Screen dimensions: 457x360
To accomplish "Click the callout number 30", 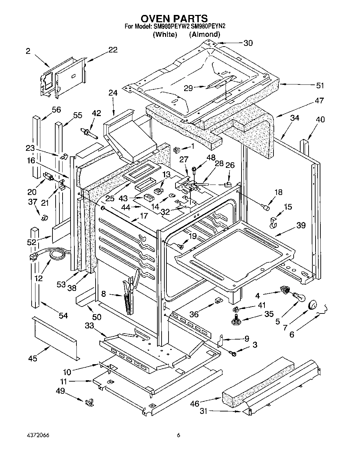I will tap(248, 43).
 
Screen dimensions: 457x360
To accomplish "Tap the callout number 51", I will tap(320, 85).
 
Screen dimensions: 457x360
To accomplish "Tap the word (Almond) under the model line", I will tap(205, 34).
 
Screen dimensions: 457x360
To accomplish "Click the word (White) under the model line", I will tap(165, 34).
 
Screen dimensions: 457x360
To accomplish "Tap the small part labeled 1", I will tap(176, 150).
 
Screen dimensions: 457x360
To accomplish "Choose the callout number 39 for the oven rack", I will tap(301, 225).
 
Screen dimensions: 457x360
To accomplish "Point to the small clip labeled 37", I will tap(44, 218).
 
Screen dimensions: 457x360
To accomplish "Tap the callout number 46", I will tap(195, 403).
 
